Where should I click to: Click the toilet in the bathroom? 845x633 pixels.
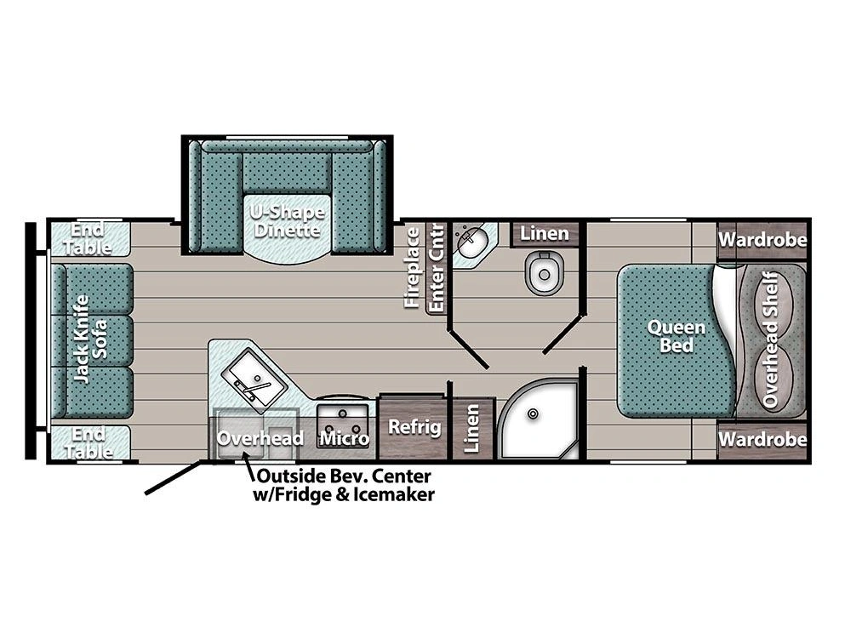pos(545,273)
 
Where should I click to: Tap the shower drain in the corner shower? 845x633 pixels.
pos(533,414)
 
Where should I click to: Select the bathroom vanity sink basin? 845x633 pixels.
pos(471,242)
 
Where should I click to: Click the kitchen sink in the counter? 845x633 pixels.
pos(254,374)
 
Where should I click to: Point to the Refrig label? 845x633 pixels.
pos(414,427)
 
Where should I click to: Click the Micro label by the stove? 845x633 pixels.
pos(345,438)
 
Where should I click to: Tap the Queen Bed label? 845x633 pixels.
pos(677,336)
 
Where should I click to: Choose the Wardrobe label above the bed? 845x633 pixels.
pos(763,239)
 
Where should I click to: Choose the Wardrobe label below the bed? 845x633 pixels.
pos(763,439)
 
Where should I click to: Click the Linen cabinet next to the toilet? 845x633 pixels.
pos(545,234)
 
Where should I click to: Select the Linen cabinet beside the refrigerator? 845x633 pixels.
pos(471,428)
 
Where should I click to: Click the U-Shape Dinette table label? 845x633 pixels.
pos(288,221)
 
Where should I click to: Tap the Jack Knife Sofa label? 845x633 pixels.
pos(90,339)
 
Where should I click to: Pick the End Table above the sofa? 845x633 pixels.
pos(90,238)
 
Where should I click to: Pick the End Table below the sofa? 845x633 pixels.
pos(90,442)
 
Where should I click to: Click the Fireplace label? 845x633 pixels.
pos(412,267)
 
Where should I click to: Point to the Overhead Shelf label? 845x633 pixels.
pos(771,339)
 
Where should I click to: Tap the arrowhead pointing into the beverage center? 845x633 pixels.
pos(246,457)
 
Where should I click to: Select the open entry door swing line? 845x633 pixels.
pos(174,476)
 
